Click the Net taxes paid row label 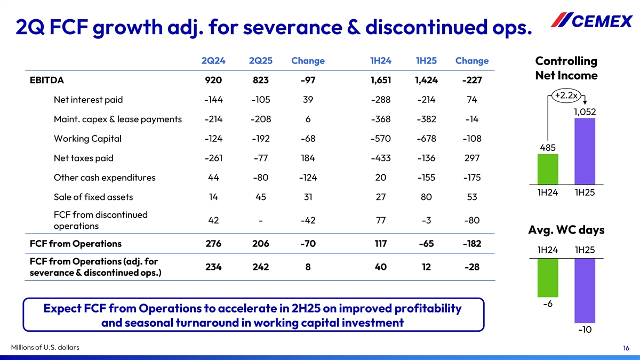click(84, 158)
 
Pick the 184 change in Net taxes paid click(308, 158)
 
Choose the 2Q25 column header click(261, 61)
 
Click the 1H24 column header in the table click(381, 61)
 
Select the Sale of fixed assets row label click(93, 197)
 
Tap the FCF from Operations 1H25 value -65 click(427, 244)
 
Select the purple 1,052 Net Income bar click(584, 151)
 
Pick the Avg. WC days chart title click(566, 230)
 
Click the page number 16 click(626, 348)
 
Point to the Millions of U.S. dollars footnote click(45, 348)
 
